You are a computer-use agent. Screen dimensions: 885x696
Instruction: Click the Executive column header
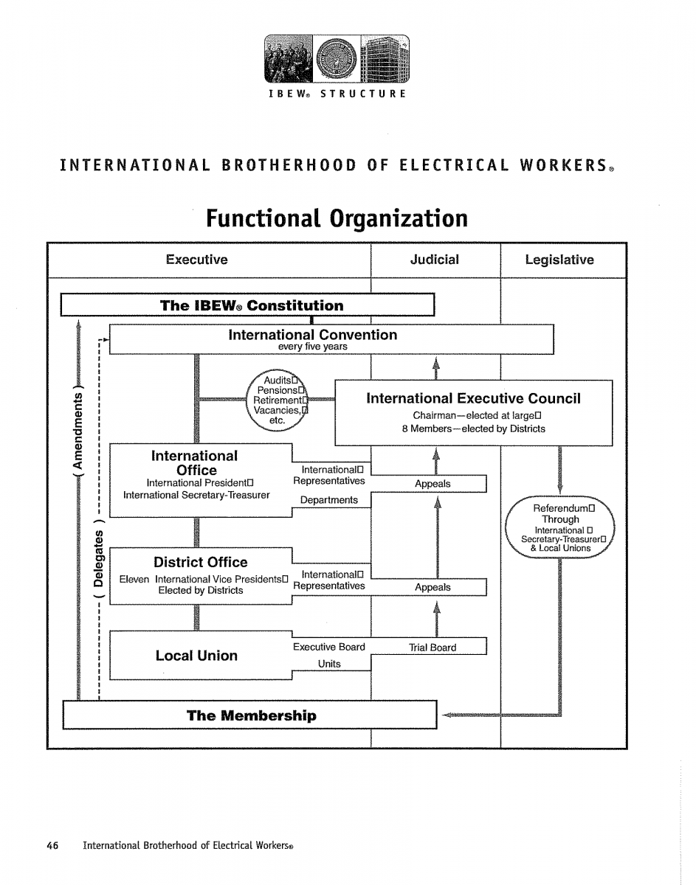196,260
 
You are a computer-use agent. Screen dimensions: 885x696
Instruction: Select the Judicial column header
434,260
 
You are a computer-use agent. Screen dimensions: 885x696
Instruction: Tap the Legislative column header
559,260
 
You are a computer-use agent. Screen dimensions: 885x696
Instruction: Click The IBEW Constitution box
251,305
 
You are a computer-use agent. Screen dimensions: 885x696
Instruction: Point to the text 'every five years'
312,347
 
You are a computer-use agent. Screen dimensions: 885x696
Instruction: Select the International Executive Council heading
473,399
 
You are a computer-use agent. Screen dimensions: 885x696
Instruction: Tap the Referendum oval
560,528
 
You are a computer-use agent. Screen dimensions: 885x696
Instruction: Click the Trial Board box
433,648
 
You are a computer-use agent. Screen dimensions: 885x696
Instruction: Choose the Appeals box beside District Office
433,588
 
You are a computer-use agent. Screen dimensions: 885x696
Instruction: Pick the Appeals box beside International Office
433,485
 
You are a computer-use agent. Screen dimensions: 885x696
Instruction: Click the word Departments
328,500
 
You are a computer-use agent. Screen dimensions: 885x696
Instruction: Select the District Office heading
200,562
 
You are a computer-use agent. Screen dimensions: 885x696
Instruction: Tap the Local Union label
196,656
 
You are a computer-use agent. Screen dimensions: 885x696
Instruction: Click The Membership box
251,715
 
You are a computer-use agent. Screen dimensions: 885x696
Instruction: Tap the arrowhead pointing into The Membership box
445,715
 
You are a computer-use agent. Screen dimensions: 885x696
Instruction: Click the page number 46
52,845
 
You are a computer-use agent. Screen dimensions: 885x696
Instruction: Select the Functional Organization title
337,218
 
